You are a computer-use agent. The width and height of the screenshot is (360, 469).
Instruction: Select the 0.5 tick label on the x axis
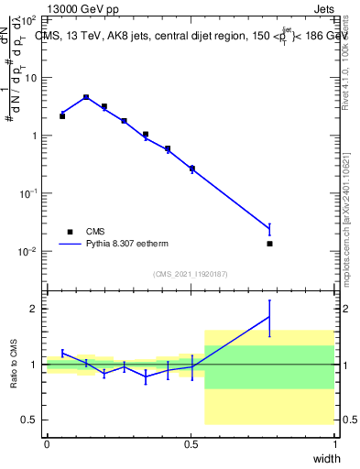coord(190,444)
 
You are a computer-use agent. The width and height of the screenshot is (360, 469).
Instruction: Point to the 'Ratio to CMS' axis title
coord(15,365)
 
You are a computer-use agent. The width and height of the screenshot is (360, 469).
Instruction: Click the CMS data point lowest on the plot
coord(269,244)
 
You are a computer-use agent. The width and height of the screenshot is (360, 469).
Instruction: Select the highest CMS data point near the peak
coord(86,97)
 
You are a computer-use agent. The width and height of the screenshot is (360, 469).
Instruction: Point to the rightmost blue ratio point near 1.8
coord(269,317)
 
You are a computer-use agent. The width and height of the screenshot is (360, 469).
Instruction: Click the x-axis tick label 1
coord(335,444)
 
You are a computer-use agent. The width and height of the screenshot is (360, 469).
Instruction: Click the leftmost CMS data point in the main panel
coord(62,116)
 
